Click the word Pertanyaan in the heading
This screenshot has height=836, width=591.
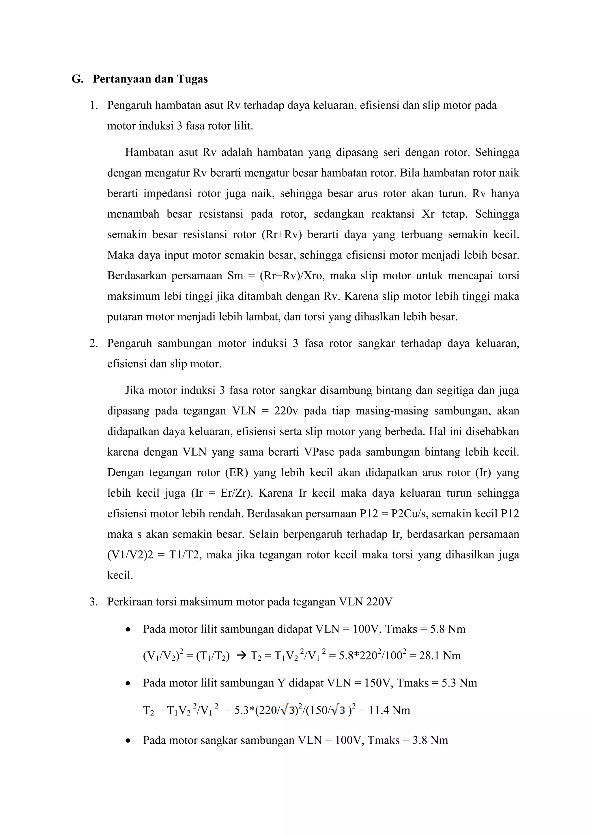pos(121,79)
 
